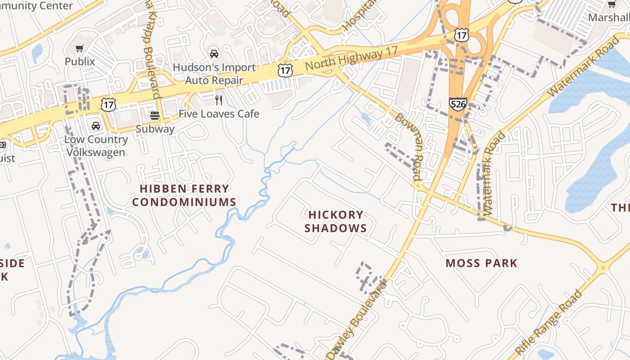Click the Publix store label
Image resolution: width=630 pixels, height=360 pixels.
pyautogui.click(x=80, y=61)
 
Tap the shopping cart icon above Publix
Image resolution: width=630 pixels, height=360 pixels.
pyautogui.click(x=80, y=48)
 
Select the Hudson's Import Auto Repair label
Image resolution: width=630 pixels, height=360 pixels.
pyautogui.click(x=214, y=74)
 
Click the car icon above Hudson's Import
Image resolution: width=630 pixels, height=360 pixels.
pyautogui.click(x=214, y=54)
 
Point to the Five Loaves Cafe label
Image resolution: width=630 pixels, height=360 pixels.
pyautogui.click(x=219, y=114)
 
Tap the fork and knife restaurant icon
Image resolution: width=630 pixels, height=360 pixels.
pyautogui.click(x=219, y=100)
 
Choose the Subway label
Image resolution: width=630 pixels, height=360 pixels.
pyautogui.click(x=155, y=129)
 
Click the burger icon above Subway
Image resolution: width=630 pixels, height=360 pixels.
pyautogui.click(x=155, y=116)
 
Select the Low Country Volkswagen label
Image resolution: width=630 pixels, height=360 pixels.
pyautogui.click(x=96, y=146)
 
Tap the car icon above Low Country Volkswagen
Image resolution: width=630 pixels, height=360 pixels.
pyautogui.click(x=96, y=126)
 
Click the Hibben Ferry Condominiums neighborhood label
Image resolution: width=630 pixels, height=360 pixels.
pyautogui.click(x=184, y=195)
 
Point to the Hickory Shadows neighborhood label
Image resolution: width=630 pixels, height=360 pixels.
pyautogui.click(x=336, y=221)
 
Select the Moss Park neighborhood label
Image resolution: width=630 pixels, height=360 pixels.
pyautogui.click(x=481, y=263)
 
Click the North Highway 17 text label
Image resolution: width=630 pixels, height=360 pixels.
pyautogui.click(x=351, y=58)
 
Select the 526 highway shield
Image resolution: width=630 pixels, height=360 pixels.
pyautogui.click(x=457, y=104)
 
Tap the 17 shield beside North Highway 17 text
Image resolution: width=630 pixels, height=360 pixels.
pyautogui.click(x=285, y=70)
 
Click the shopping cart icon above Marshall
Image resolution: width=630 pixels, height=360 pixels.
pyautogui.click(x=612, y=4)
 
